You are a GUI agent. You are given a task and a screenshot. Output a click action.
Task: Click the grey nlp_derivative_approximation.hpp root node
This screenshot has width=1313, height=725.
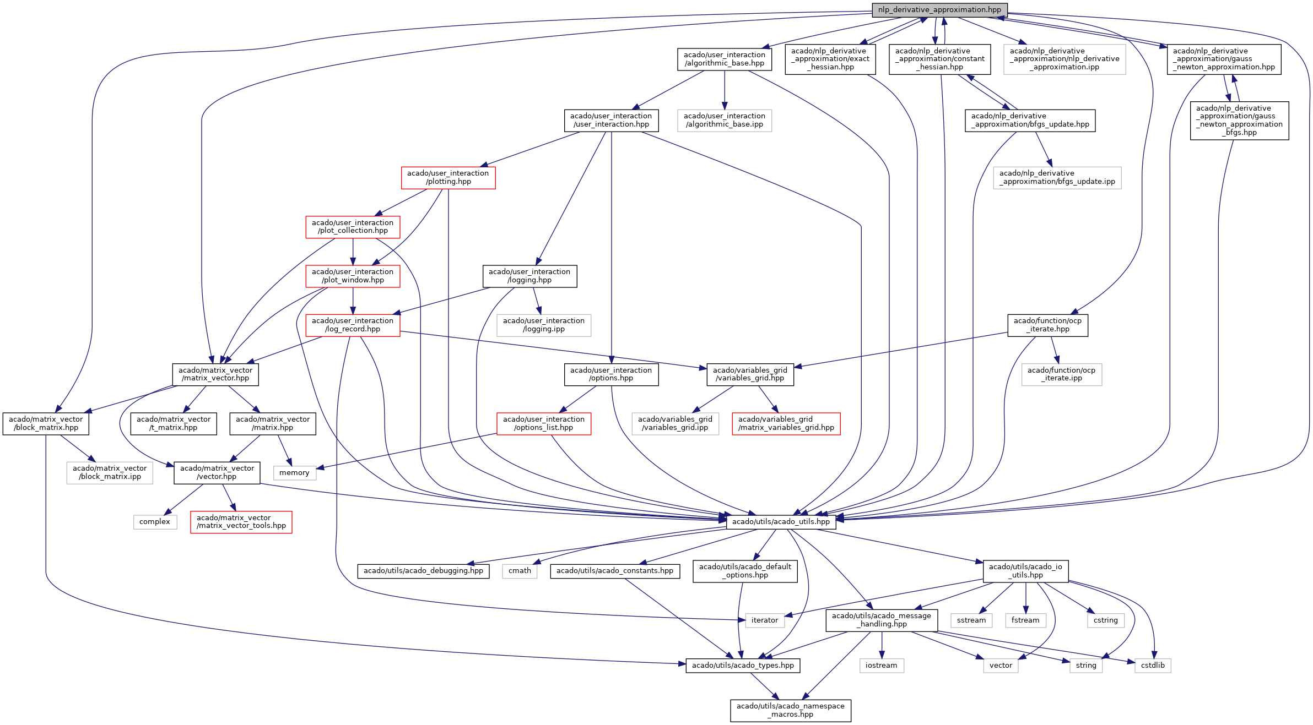coord(939,10)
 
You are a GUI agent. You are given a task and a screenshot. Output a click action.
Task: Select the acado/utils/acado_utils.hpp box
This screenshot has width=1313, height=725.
coord(781,521)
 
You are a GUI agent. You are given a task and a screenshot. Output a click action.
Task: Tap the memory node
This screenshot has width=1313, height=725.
coord(294,472)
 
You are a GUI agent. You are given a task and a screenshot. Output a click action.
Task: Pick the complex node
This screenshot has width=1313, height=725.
coord(155,521)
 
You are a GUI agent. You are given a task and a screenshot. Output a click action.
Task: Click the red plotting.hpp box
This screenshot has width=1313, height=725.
coord(448,177)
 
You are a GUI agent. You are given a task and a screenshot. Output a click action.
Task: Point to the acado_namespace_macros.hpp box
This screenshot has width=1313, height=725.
coord(790,710)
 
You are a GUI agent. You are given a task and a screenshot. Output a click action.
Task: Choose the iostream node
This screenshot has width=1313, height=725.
coord(881,665)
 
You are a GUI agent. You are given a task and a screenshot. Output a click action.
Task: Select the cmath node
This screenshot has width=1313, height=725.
coord(520,570)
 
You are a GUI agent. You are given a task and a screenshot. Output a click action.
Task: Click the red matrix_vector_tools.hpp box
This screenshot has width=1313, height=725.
coord(241,521)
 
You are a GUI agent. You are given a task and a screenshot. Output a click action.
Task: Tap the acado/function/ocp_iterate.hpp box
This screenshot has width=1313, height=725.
coord(1047,325)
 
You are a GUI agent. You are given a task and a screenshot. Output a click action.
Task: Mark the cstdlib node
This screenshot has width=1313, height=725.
coord(1153,665)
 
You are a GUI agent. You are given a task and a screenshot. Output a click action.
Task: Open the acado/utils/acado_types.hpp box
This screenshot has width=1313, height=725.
coord(743,665)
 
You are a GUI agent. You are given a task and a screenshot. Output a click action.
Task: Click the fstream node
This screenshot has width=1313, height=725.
coord(1025,620)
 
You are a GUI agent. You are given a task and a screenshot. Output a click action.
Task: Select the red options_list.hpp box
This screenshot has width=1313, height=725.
coord(543,423)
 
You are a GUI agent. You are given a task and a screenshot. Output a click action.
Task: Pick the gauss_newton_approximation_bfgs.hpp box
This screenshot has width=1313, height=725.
coord(1239,121)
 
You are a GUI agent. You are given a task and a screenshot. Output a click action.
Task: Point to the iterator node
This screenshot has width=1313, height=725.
coord(764,620)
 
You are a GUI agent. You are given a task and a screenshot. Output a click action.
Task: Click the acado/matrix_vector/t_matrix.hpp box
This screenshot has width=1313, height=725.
coord(174,423)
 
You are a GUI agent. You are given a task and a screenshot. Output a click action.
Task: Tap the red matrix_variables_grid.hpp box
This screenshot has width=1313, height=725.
coord(786,423)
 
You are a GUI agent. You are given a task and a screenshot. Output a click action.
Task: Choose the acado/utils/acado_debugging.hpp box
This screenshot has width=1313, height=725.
coord(423,570)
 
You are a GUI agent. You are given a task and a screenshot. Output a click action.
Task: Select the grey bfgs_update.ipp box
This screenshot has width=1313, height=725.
coord(1057,177)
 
